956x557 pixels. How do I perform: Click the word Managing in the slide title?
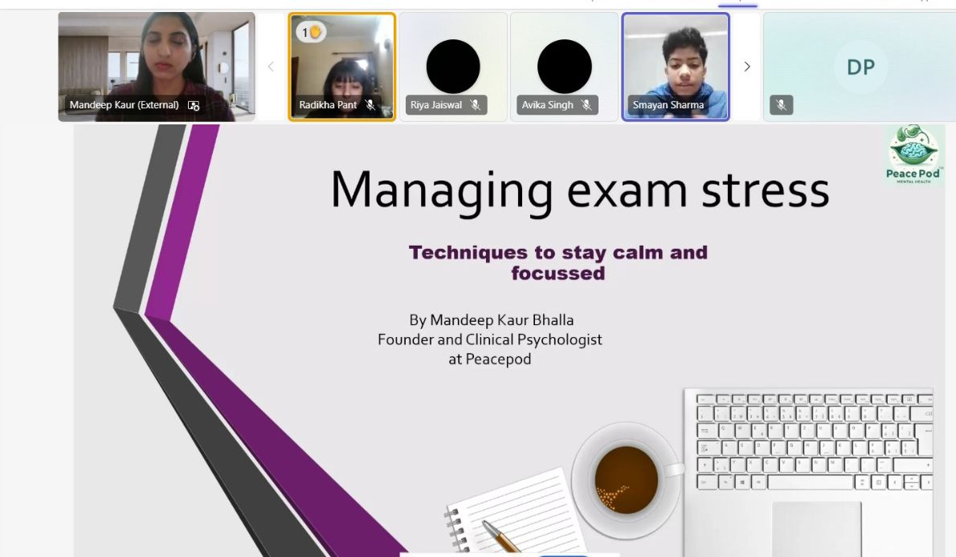[441, 192]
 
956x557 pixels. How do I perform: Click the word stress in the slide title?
[765, 191]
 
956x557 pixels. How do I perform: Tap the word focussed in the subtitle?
[558, 273]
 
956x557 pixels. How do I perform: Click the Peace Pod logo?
[913, 154]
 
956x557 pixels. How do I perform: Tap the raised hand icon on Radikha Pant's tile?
[315, 31]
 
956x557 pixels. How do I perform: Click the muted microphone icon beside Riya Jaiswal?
[476, 105]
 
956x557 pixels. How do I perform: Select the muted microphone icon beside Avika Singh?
[586, 105]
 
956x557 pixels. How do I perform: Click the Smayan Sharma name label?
[668, 105]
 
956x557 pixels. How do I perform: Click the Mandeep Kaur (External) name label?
[125, 105]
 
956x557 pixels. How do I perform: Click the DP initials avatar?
[861, 67]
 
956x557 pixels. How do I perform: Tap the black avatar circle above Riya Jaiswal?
[453, 67]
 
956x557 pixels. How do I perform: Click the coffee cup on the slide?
[627, 480]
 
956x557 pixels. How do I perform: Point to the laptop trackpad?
[816, 529]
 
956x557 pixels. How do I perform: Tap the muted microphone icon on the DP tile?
[781, 105]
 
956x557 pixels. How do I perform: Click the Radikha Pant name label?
[328, 105]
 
